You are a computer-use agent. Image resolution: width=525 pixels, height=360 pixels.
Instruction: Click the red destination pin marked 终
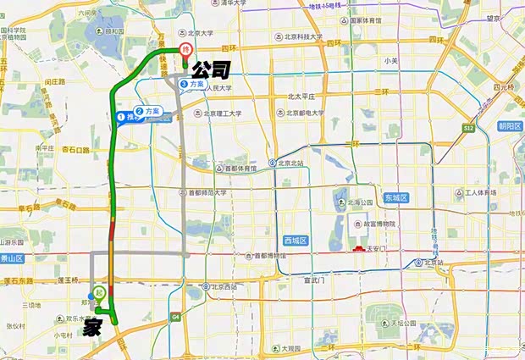tap(185, 50)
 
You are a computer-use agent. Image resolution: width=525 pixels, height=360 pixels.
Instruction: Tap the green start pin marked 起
tap(99, 292)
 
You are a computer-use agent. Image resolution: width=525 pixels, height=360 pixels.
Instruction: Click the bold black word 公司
tap(209, 69)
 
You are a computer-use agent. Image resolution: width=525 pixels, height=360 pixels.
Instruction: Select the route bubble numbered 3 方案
tap(192, 85)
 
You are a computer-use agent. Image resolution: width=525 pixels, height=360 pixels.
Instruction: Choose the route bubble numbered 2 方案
tap(149, 111)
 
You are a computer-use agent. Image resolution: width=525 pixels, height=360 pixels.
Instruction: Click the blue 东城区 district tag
tap(395, 197)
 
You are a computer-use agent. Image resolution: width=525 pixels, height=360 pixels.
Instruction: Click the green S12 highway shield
tap(468, 127)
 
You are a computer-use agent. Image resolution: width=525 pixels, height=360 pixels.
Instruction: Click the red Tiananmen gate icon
tap(357, 248)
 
